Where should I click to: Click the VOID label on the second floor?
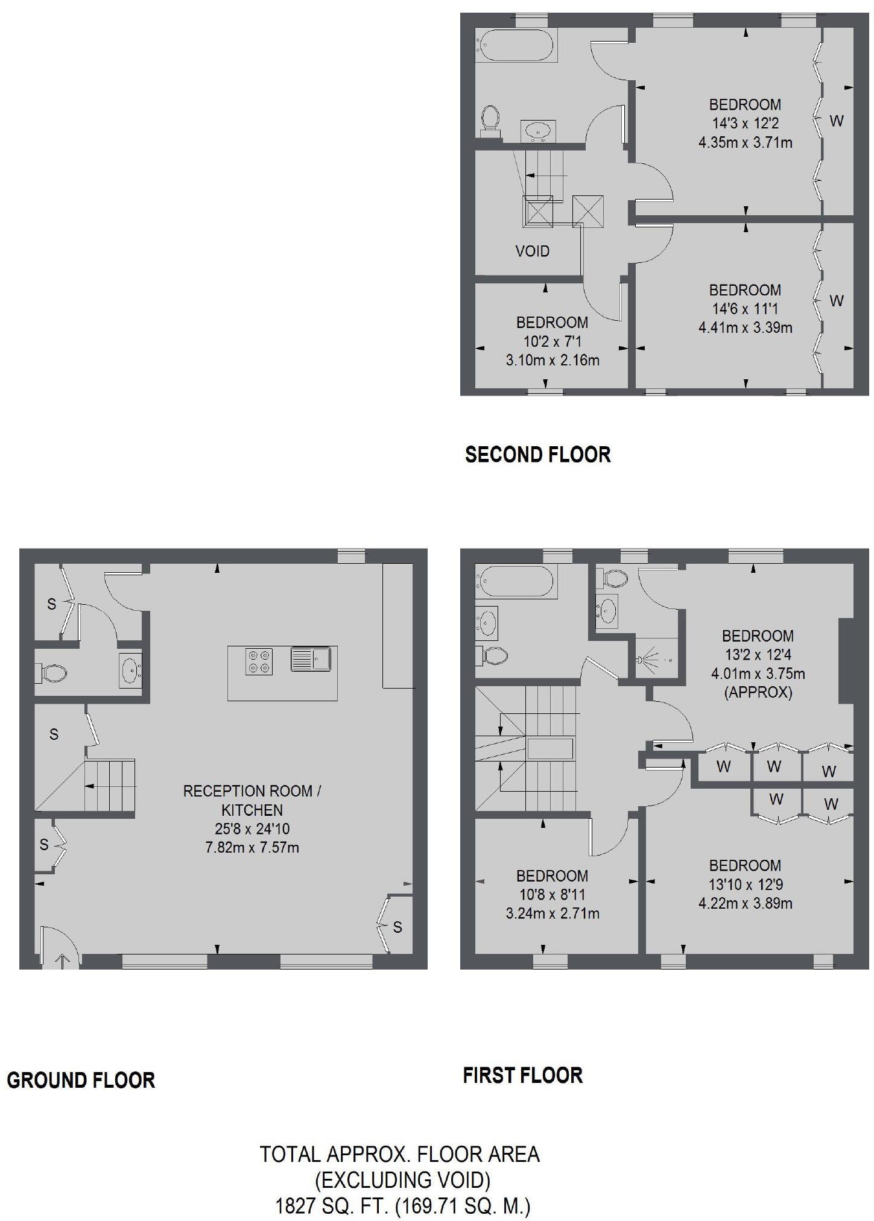tap(532, 251)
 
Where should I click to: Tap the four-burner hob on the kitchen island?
tap(259, 661)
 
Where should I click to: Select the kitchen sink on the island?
tap(311, 658)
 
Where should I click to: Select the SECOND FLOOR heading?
tap(537, 454)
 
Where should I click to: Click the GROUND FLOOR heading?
tap(81, 1079)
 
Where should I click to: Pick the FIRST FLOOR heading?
tap(522, 1075)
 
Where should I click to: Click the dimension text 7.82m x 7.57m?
tap(252, 847)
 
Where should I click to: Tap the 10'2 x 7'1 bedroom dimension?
tap(552, 341)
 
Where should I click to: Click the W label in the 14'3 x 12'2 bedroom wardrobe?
tap(836, 121)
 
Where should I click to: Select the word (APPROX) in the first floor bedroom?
tap(758, 692)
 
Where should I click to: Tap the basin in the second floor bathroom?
tap(537, 130)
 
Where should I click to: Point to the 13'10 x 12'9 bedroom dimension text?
tap(745, 884)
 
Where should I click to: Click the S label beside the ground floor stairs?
tap(54, 734)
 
